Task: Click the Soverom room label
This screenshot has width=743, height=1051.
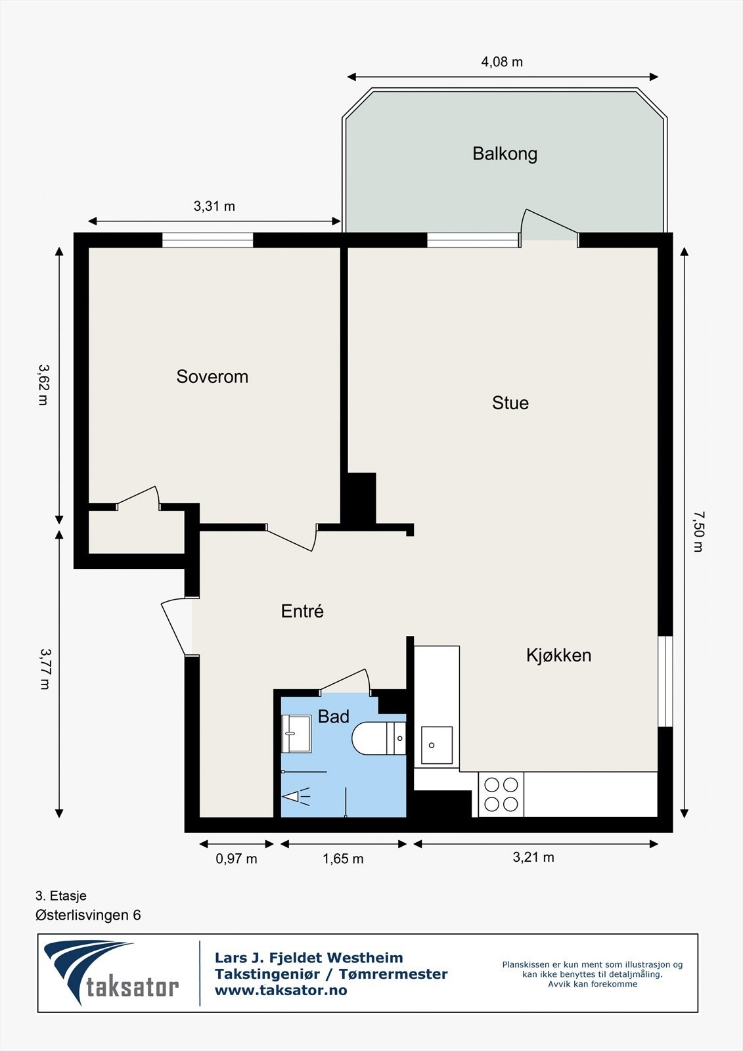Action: pos(212,376)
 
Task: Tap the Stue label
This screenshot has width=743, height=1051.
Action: pos(510,403)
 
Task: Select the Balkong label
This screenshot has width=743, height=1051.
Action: pos(505,154)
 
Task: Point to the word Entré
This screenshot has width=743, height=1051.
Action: pos(302,611)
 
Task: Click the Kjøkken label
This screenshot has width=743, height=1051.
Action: pos(558,656)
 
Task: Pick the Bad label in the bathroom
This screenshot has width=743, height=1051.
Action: pos(334,717)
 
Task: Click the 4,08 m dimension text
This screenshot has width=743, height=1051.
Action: pos(502,62)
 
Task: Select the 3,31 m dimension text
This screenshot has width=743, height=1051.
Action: pos(214,206)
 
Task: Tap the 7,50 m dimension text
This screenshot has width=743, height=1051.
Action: pos(698,531)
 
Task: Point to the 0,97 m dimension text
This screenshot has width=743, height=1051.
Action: pos(236,859)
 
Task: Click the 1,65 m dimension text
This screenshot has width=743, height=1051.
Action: pos(343,859)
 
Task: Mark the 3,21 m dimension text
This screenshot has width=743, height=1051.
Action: pos(533,857)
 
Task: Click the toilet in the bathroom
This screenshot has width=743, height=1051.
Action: pos(379,738)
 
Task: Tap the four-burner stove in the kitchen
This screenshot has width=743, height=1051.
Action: pos(501,794)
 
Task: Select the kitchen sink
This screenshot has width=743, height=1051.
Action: pos(436,745)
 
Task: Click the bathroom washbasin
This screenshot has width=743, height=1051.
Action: pos(296,734)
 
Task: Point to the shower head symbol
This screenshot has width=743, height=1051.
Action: pos(296,796)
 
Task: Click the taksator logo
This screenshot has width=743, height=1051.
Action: pos(111,972)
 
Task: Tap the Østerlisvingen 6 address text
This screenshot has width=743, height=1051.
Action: pos(88,915)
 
